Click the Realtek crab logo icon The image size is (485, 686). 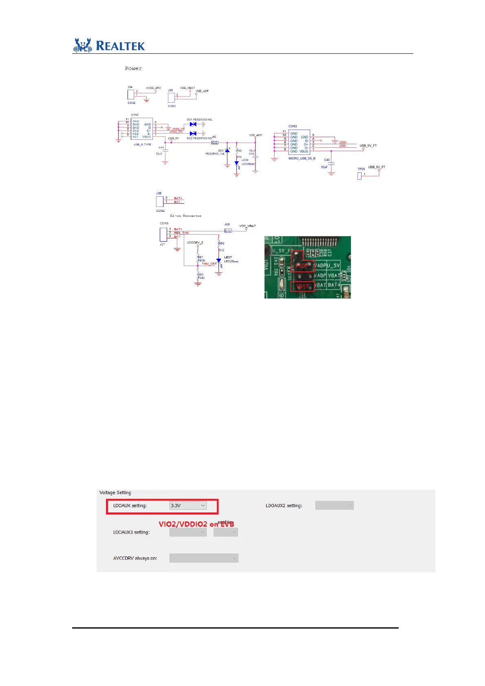coord(83,45)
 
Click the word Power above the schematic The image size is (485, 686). coord(133,68)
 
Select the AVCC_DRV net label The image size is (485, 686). coord(153,88)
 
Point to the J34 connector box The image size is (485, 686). coord(131,95)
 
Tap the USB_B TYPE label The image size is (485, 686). coord(142,145)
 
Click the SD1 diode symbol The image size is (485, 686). coord(193,124)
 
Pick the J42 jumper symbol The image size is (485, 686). coord(215,143)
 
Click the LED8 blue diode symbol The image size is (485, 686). coord(237,163)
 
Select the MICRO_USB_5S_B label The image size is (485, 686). coord(302,158)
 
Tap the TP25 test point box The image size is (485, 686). coord(359,176)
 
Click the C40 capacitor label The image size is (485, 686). coord(327,160)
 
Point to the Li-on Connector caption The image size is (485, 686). coord(186,216)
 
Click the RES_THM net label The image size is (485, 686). coord(181,233)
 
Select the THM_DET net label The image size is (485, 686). coord(209,264)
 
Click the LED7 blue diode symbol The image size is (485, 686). coord(219,260)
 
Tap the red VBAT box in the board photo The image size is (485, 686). coord(302,286)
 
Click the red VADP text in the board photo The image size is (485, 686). coord(302,266)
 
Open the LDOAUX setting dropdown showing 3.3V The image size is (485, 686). coord(188,506)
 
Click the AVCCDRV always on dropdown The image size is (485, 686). coord(204,558)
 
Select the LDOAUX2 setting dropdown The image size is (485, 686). coord(334,506)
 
